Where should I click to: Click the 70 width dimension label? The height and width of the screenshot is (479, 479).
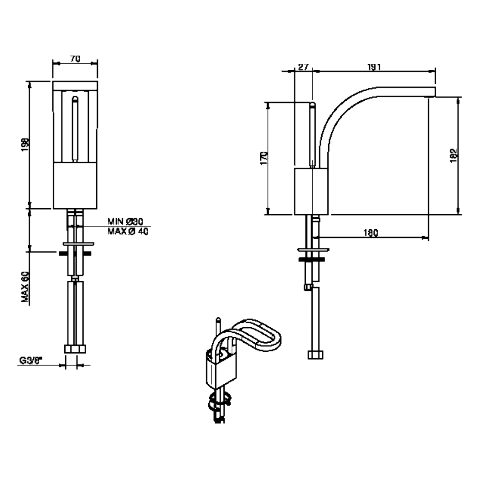coord(75,58)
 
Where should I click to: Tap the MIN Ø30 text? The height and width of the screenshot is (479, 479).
coord(126,222)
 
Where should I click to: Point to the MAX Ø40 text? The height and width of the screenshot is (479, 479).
coord(128,232)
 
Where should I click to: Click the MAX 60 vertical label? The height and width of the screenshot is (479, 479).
coord(25,287)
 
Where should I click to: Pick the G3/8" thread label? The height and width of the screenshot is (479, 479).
coord(31,361)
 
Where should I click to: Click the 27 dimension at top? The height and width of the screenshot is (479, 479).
coord(304,67)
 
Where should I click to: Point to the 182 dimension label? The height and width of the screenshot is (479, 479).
coord(453,155)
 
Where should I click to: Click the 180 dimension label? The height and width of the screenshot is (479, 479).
coord(371,233)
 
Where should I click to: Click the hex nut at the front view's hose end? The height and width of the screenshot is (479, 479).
coord(75,349)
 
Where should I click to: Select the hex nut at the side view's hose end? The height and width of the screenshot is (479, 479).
coord(315,355)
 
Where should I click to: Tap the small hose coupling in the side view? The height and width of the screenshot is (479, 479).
coord(309,287)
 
